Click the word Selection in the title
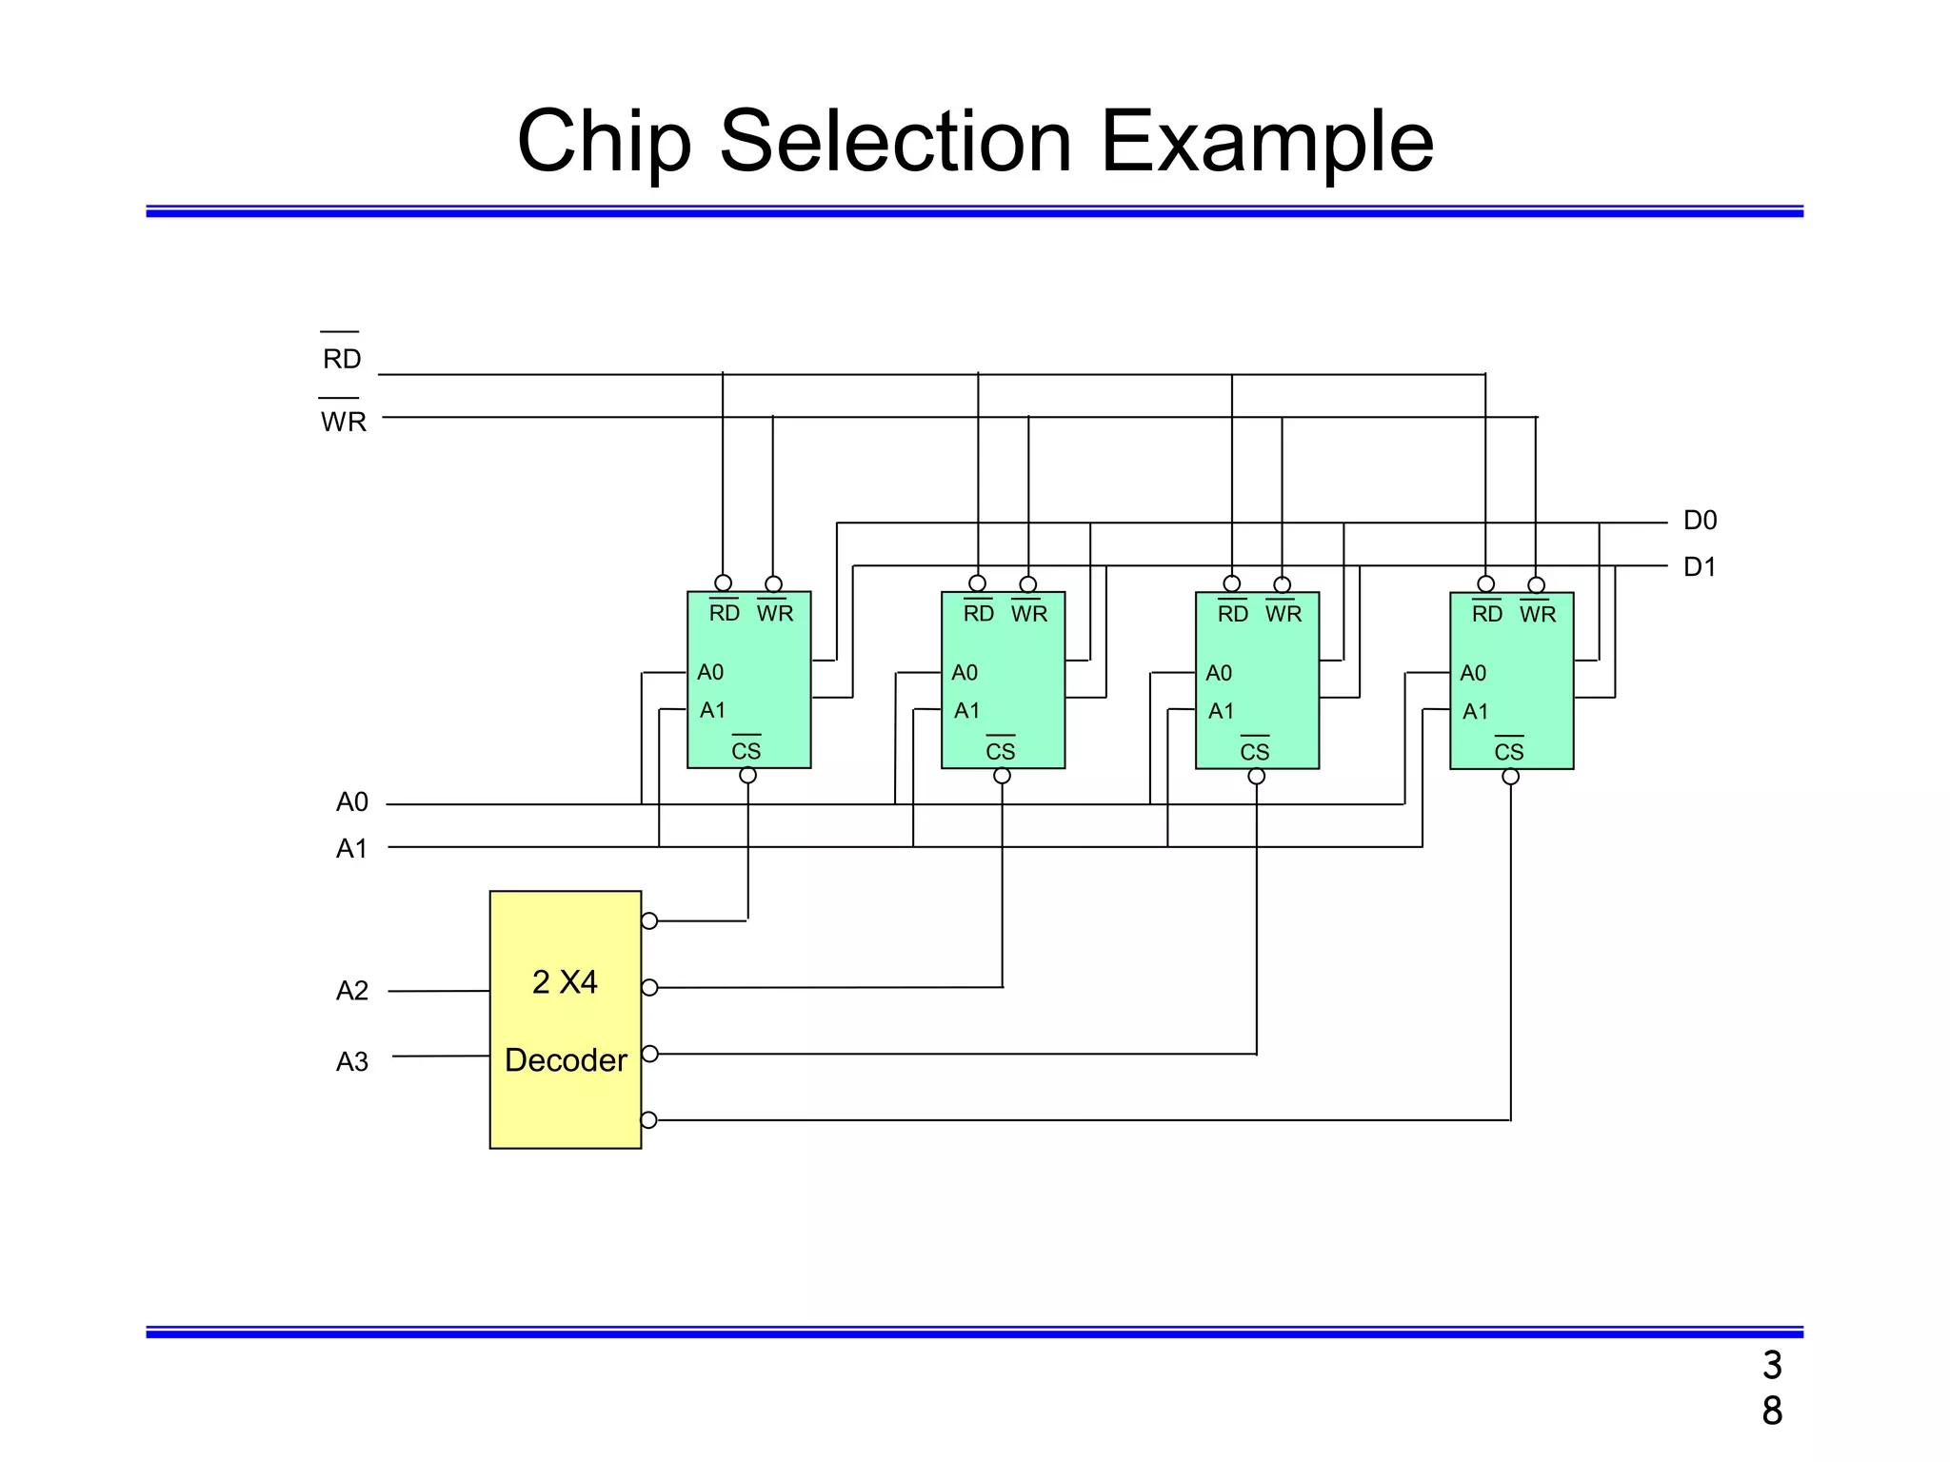895,142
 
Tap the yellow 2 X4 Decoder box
566,1019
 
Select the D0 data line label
1700,521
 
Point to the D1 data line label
1700,567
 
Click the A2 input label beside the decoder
351,991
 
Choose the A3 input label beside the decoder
351,1061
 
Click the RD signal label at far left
342,359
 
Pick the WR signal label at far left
343,422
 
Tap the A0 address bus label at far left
351,802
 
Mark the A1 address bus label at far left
351,848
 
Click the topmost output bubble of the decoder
649,920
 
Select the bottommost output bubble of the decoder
649,1119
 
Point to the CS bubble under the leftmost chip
748,776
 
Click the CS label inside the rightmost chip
1509,752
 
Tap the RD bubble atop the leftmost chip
724,583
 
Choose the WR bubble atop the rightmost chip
1537,584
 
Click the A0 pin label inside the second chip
965,673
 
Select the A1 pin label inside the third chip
1222,711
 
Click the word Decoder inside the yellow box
566,1060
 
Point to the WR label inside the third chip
1283,614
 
